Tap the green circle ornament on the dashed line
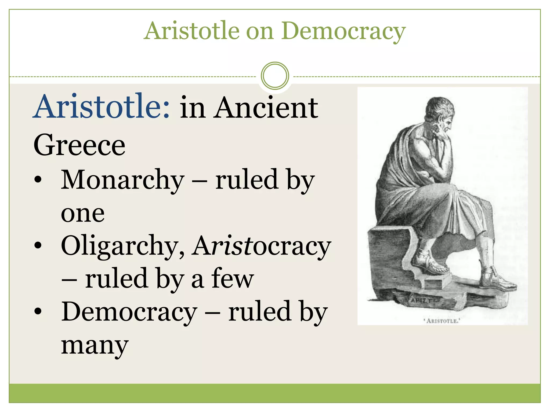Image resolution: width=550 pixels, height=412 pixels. click(275, 76)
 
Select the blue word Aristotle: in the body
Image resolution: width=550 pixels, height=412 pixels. click(102, 107)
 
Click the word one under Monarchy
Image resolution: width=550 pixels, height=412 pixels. click(83, 214)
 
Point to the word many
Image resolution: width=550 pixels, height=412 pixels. click(95, 345)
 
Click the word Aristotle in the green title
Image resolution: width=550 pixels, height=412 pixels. click(192, 31)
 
